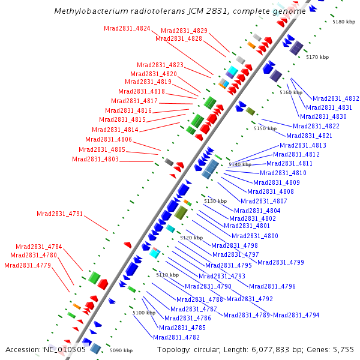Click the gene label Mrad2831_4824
tap(127, 28)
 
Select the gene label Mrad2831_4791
tap(59, 214)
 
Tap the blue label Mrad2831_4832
tap(335, 98)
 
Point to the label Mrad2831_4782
tap(176, 337)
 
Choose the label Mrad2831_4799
tap(280, 262)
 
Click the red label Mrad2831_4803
tap(95, 159)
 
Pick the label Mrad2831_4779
tap(27, 265)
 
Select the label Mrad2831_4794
tap(296, 315)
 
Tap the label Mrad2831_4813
tap(303, 145)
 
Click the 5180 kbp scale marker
tap(344, 22)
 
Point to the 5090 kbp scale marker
tap(120, 350)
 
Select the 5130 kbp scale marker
tap(215, 201)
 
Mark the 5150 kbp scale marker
tap(265, 128)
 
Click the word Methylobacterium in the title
tap(89, 11)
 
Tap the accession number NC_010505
tap(65, 349)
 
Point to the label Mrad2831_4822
tap(316, 126)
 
